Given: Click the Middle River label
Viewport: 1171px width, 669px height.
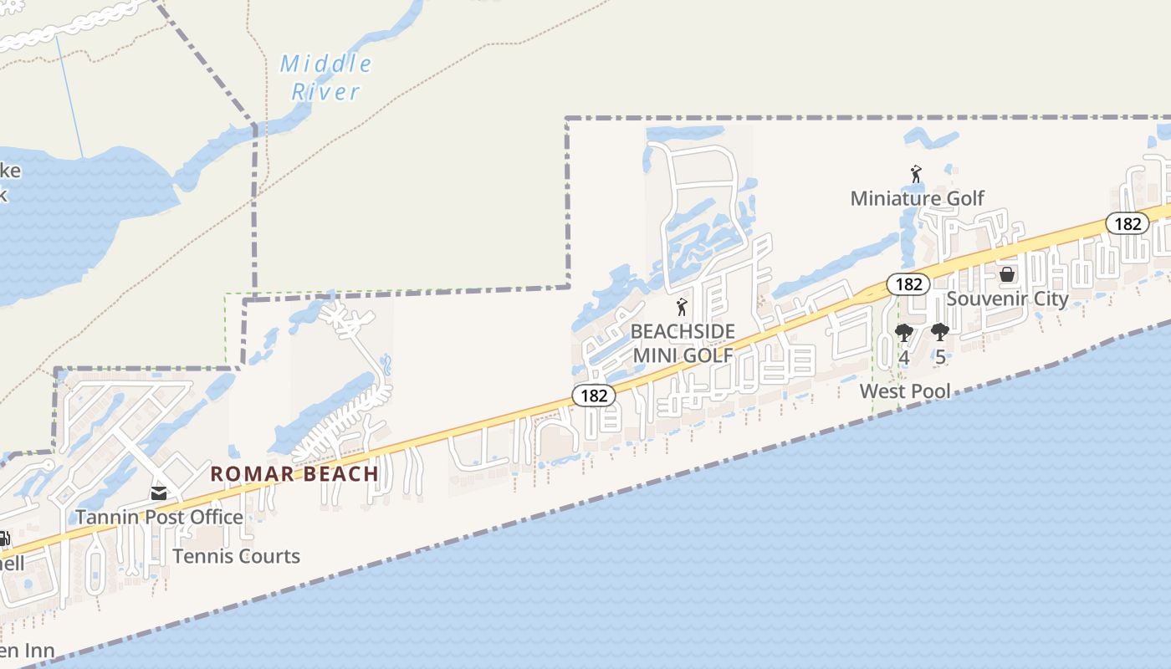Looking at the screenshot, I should click(x=325, y=77).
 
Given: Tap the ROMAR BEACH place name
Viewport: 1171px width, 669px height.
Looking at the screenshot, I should click(x=294, y=474).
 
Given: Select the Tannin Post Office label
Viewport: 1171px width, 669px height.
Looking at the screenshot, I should click(x=159, y=517).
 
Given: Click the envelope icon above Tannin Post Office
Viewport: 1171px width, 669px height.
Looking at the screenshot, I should click(x=159, y=493).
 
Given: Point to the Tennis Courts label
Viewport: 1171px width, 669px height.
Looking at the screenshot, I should click(x=236, y=556).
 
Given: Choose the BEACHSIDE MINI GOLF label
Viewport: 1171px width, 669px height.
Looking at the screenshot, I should click(x=682, y=343).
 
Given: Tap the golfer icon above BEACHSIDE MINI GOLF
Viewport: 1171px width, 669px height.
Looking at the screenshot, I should click(x=682, y=307).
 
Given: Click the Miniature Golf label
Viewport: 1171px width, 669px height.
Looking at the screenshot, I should click(x=917, y=198).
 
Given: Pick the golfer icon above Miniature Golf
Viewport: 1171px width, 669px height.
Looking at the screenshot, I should click(x=916, y=174).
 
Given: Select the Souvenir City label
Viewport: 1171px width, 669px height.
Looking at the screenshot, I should click(x=1007, y=299).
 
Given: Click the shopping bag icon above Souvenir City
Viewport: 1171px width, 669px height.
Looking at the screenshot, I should click(x=1007, y=274).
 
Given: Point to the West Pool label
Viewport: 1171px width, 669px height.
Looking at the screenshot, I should click(x=905, y=391).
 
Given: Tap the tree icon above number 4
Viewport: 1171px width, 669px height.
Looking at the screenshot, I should click(x=903, y=333).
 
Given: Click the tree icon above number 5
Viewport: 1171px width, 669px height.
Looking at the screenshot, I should click(x=940, y=333).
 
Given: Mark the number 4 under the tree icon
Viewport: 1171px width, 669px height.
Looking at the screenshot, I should click(x=903, y=357).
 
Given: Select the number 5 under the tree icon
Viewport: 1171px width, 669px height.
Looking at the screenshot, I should click(x=940, y=357).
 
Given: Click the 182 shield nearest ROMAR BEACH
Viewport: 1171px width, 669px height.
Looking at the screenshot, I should click(x=594, y=395).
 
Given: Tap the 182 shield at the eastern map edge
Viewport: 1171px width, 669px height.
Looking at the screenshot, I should click(x=1128, y=223).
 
